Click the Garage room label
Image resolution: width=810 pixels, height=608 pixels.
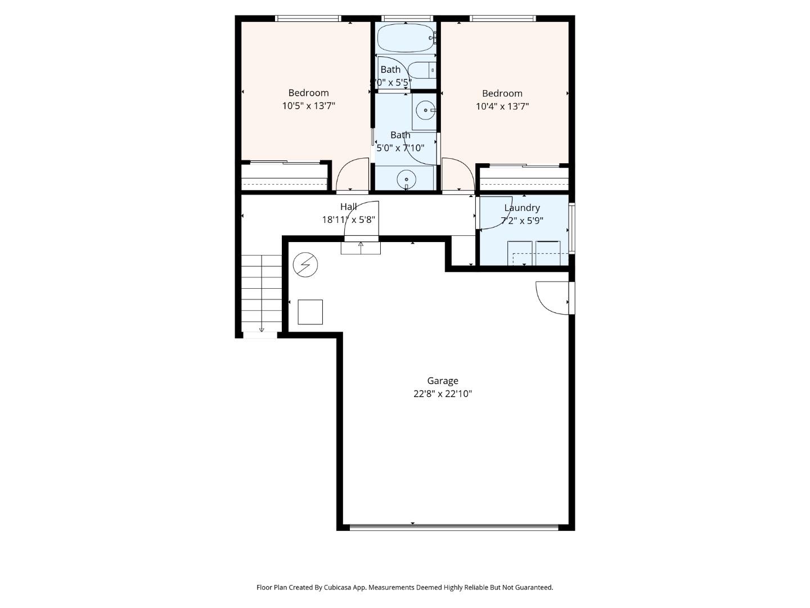(x=442, y=381)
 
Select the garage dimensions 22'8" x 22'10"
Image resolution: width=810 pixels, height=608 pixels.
(x=442, y=394)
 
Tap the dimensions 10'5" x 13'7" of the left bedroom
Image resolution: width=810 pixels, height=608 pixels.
(x=308, y=106)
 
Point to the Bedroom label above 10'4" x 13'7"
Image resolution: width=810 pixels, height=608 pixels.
(x=502, y=93)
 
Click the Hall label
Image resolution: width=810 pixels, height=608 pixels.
(x=348, y=207)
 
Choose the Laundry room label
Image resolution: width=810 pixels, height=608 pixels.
(x=522, y=208)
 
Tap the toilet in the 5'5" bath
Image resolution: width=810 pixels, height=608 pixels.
(x=422, y=70)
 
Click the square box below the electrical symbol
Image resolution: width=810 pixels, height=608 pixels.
(x=310, y=312)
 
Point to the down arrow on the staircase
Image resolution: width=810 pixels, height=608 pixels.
(x=262, y=329)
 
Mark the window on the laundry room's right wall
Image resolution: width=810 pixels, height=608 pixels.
(x=571, y=228)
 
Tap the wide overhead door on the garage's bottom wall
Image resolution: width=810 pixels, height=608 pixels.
(x=454, y=527)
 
